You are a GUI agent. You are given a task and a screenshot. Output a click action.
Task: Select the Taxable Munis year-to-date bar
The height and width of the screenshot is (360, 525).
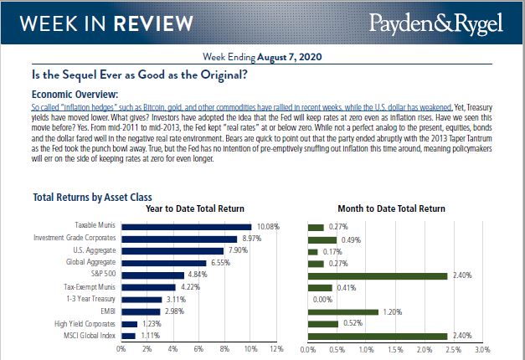[x=186, y=226]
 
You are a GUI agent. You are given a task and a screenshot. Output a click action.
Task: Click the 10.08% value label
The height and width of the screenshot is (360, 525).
[x=267, y=227]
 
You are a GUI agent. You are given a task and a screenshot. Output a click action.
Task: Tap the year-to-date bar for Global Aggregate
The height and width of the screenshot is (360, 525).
[x=163, y=263]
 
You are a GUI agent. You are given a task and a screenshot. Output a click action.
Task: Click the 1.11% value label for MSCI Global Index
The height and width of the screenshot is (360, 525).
[x=151, y=336]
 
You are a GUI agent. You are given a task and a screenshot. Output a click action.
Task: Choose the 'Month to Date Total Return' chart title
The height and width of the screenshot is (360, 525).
[x=391, y=208]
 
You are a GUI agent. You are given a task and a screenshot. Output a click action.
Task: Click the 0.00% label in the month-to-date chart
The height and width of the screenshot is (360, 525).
[x=322, y=299]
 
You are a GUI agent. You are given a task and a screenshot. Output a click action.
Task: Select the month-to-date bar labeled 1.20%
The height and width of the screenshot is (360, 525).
[x=343, y=311]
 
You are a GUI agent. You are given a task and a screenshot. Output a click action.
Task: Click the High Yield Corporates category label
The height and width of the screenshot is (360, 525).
[x=85, y=323]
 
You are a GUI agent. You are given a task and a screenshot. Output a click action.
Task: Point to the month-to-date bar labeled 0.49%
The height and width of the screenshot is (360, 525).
[x=322, y=239]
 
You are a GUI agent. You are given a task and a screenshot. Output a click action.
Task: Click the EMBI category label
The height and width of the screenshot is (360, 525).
[x=106, y=311]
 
